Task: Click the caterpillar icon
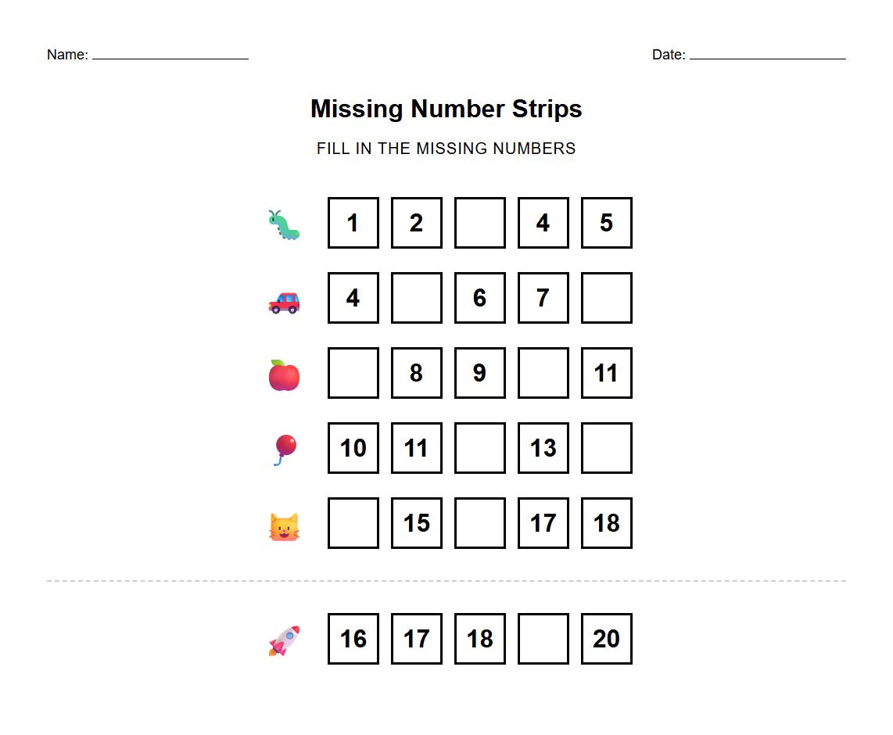point(284,224)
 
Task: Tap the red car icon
point(284,301)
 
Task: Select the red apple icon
point(284,375)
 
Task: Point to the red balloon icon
point(284,450)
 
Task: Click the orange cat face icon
point(284,526)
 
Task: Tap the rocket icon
point(284,640)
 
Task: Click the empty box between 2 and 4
point(479,223)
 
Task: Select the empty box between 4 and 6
point(416,298)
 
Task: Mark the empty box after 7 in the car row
point(606,298)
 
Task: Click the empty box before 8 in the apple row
point(353,373)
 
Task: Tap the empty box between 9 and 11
point(543,373)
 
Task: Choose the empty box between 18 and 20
point(543,639)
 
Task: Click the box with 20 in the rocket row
point(606,639)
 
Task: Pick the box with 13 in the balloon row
point(543,448)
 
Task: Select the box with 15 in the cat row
point(416,523)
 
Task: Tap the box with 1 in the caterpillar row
point(353,223)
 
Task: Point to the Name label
point(67,55)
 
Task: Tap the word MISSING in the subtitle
point(445,149)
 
